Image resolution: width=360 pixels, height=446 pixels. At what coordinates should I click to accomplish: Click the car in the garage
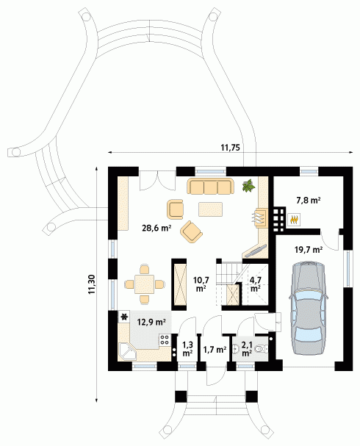click(309, 309)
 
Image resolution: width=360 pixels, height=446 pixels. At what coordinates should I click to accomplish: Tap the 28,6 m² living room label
click(156, 228)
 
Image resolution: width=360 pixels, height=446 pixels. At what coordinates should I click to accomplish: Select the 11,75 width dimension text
click(231, 148)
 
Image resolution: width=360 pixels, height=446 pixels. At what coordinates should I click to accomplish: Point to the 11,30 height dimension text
click(92, 284)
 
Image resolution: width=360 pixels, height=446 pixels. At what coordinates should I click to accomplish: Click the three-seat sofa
click(210, 187)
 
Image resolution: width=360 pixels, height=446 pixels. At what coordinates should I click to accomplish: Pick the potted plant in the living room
click(249, 185)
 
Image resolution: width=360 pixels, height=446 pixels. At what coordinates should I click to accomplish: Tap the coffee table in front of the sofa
click(210, 209)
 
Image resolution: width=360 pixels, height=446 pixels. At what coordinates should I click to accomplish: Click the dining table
click(145, 284)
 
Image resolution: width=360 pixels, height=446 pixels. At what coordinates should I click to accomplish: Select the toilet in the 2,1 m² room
click(261, 348)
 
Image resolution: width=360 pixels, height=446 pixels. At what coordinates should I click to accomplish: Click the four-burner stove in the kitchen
click(165, 339)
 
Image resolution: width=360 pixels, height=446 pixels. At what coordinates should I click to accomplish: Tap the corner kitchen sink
click(127, 351)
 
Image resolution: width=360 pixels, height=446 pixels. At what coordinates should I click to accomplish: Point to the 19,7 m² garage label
click(309, 250)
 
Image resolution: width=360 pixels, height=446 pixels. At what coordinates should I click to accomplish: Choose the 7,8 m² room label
click(309, 201)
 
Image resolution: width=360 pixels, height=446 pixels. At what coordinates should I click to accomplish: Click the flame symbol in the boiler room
click(294, 220)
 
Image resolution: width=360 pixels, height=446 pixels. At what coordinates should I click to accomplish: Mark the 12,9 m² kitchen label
click(151, 322)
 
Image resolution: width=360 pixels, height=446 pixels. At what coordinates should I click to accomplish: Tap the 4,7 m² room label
click(256, 284)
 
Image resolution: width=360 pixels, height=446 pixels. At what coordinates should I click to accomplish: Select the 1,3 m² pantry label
click(187, 349)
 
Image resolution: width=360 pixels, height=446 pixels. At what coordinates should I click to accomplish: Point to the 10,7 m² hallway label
click(201, 284)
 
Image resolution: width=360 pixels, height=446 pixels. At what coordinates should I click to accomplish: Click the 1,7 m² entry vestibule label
click(215, 349)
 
